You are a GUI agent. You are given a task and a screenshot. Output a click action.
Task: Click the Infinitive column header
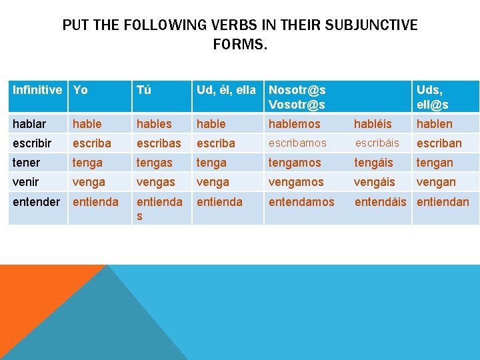point(37,90)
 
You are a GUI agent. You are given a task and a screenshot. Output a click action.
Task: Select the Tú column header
point(143,90)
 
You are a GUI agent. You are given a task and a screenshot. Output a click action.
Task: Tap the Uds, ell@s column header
point(432,97)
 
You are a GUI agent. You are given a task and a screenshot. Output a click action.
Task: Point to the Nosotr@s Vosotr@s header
point(297,97)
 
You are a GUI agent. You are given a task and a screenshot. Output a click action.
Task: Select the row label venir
point(25,182)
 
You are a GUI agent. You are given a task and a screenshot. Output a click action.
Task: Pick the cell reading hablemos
point(294,123)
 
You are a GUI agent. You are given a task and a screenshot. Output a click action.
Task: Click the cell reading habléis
point(373,123)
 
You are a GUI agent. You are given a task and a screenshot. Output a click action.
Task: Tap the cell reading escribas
point(158,143)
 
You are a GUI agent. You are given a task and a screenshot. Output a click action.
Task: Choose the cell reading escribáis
point(377,143)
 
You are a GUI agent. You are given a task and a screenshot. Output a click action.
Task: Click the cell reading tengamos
point(295,163)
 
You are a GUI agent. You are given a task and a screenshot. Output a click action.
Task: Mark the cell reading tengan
point(434,163)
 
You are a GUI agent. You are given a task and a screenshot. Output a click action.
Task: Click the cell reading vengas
point(154,182)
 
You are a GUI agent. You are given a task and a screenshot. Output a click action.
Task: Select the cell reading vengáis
point(374,182)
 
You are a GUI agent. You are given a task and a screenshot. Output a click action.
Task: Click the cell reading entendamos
point(301,201)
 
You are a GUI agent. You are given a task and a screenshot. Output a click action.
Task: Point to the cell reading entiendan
point(443,201)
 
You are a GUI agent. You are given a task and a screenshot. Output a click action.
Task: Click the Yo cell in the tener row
point(87,163)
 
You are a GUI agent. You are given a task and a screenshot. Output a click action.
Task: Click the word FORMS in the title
point(239,45)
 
